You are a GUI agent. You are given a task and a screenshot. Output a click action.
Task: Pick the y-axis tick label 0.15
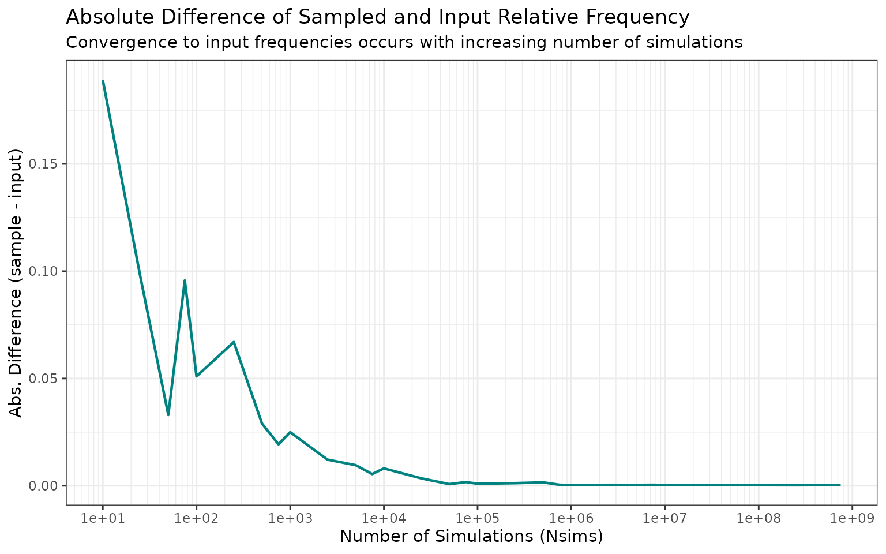point(47,164)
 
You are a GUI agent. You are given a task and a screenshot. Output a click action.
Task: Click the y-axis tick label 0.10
point(47,271)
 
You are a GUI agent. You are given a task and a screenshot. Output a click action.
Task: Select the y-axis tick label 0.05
point(47,379)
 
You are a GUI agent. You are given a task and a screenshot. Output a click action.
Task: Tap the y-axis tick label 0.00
point(47,486)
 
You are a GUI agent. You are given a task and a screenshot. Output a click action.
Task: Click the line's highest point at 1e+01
point(103,81)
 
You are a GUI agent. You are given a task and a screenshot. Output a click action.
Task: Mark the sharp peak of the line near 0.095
point(185,280)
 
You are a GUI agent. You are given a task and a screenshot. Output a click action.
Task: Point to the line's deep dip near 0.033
point(168,415)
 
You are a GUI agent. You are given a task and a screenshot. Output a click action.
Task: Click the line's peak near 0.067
point(234,342)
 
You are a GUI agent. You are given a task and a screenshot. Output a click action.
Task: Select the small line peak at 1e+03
point(290,432)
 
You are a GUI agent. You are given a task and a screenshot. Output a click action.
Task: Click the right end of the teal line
point(840,485)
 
